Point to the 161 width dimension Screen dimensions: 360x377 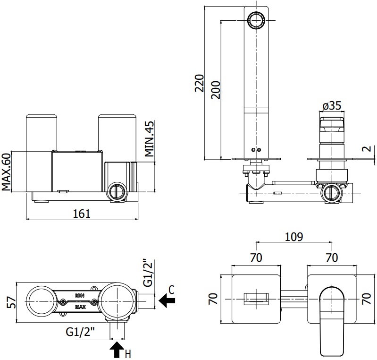click(81, 214)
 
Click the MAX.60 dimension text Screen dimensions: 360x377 click(7, 171)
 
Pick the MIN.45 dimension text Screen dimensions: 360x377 click(150, 139)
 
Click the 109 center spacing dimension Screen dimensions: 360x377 click(293, 236)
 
